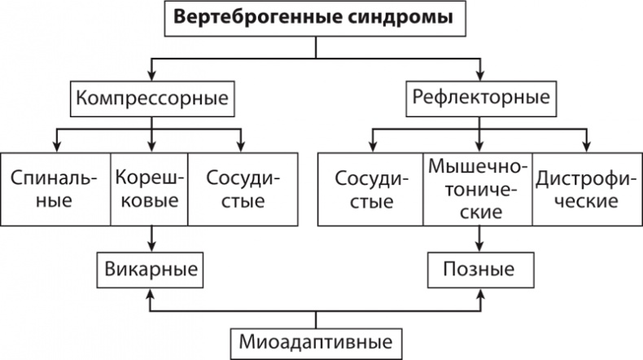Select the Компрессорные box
pos(151,99)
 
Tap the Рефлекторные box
pos(480,99)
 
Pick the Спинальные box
pos(55,187)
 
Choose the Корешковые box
pos(149,187)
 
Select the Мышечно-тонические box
pos(478,187)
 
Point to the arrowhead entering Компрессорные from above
pos(151,77)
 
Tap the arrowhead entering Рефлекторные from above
pos(479,77)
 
